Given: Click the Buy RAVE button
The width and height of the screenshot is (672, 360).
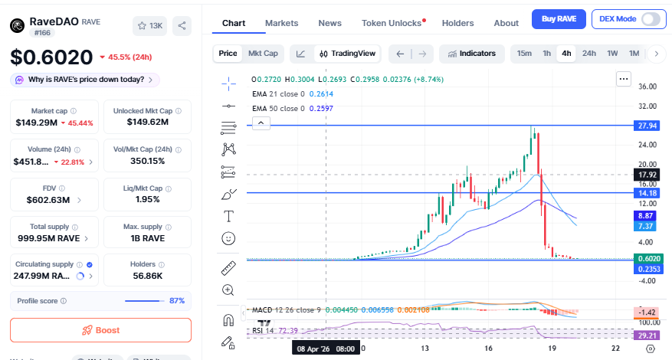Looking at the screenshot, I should click(x=559, y=19).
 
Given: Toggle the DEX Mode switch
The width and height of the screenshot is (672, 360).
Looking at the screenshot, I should click(x=651, y=19).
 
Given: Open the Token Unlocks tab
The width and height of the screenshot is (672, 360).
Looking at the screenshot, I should click(x=392, y=23).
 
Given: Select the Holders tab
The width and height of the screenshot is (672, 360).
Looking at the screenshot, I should click(x=457, y=23).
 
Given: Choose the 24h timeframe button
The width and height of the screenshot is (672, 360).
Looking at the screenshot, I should click(x=588, y=54).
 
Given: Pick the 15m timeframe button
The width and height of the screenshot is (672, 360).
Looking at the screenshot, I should click(x=524, y=54).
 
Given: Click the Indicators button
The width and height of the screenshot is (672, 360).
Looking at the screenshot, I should click(x=472, y=54).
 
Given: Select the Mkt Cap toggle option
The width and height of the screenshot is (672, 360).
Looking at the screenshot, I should click(x=263, y=54).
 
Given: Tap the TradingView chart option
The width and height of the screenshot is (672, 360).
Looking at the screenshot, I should click(x=348, y=54).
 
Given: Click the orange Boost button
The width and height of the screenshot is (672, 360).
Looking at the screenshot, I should click(x=100, y=330).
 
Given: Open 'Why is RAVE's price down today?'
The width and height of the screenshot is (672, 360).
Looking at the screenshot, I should click(x=84, y=80).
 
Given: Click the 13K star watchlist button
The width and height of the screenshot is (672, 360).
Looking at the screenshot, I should click(x=149, y=26).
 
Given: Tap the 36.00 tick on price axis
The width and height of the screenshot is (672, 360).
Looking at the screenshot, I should click(x=648, y=87).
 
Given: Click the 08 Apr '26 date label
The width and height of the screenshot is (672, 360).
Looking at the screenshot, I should click(x=326, y=348).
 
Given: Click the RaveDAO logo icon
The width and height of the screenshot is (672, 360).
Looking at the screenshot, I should click(x=18, y=26).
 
